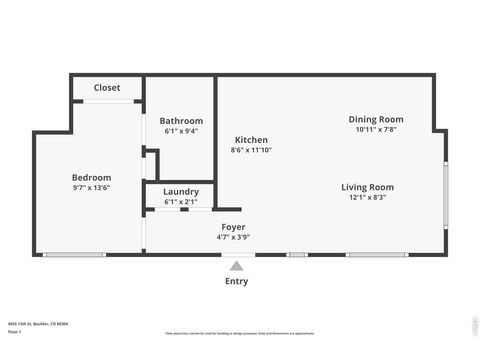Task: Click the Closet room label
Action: tap(107, 88)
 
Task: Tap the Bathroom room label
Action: tap(181, 121)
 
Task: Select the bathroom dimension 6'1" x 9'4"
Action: tap(181, 131)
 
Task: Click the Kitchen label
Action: tap(251, 140)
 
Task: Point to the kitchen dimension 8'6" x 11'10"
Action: tap(251, 150)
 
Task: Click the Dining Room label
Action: tap(376, 119)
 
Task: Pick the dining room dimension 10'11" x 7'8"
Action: tap(376, 129)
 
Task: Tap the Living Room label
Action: tap(367, 187)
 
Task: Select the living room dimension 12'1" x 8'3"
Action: tap(367, 197)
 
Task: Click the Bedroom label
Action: tap(91, 177)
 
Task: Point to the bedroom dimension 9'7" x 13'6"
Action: tap(91, 187)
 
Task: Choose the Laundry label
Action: tap(181, 192)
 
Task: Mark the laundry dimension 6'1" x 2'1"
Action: tap(181, 202)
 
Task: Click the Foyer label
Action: tap(233, 227)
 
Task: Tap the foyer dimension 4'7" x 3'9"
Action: tap(233, 237)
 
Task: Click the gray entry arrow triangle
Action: tap(236, 266)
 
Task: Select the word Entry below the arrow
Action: tap(236, 281)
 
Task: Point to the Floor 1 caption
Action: tap(14, 330)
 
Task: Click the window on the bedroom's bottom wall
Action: tap(75, 255)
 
